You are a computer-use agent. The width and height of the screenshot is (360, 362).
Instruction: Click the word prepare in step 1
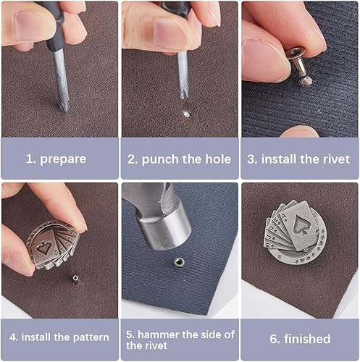(63, 159)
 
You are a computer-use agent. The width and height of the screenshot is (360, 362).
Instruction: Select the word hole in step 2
(218, 159)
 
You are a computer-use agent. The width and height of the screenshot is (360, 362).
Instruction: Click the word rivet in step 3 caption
(337, 159)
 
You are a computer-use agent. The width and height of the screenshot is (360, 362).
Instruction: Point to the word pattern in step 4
(91, 337)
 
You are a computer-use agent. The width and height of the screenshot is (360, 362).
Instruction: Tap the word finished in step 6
(307, 339)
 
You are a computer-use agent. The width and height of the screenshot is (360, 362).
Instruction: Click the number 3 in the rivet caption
(251, 159)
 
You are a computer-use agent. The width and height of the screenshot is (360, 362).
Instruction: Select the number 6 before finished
(274, 339)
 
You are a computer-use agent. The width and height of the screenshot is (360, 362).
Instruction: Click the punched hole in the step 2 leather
(186, 114)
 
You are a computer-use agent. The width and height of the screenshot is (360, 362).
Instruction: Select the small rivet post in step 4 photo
(75, 279)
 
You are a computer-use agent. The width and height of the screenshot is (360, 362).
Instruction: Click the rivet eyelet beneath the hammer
(179, 261)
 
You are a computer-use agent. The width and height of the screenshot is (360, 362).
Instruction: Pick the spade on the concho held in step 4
(45, 248)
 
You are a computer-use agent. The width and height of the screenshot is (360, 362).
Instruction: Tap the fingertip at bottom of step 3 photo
(300, 132)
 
